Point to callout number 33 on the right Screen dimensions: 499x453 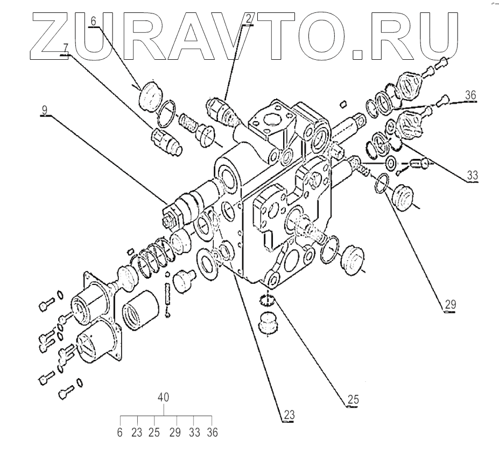pyautogui.click(x=473, y=175)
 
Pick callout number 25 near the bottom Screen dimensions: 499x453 pyautogui.click(x=353, y=400)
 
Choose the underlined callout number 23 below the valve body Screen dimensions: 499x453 pyautogui.click(x=289, y=415)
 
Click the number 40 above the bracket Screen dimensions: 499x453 pyautogui.click(x=164, y=397)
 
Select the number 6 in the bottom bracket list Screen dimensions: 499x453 pyautogui.click(x=120, y=432)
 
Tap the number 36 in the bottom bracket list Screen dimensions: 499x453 pyautogui.click(x=212, y=432)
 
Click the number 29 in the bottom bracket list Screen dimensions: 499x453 pyautogui.click(x=174, y=432)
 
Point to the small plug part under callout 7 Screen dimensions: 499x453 pyautogui.click(x=166, y=141)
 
